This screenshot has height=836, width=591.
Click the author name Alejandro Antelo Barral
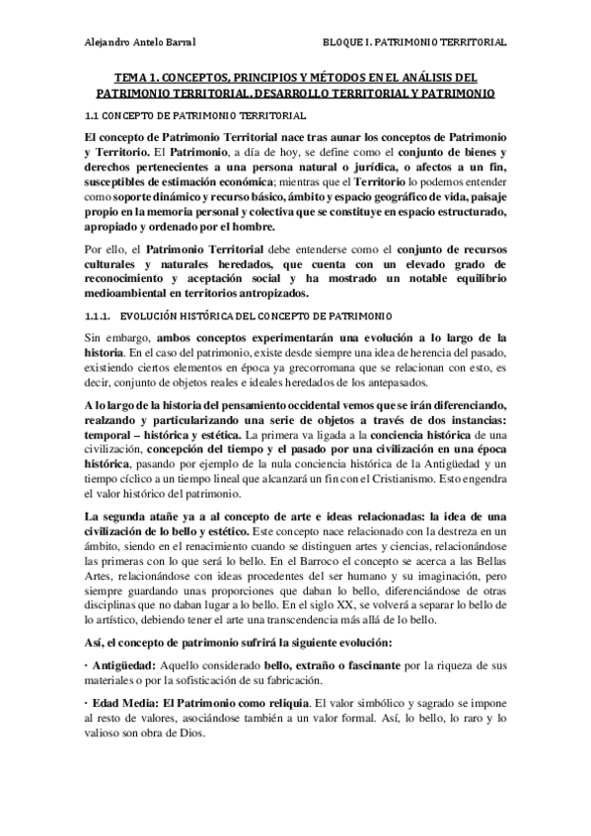141,42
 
